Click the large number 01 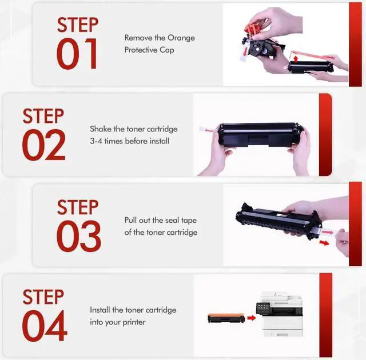[x=77, y=54]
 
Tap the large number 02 [x=43, y=145]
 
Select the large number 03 [x=78, y=236]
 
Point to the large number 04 [x=45, y=326]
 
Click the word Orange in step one [x=181, y=38]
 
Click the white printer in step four [x=280, y=314]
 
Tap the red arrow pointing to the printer [x=252, y=318]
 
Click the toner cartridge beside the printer [x=226, y=318]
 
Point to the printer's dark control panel [x=263, y=308]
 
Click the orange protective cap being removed [x=253, y=28]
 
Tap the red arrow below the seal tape [x=324, y=243]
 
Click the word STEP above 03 [x=78, y=207]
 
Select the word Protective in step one [x=141, y=50]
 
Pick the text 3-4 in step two [x=96, y=141]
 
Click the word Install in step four [x=100, y=310]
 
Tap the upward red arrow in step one [x=296, y=59]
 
